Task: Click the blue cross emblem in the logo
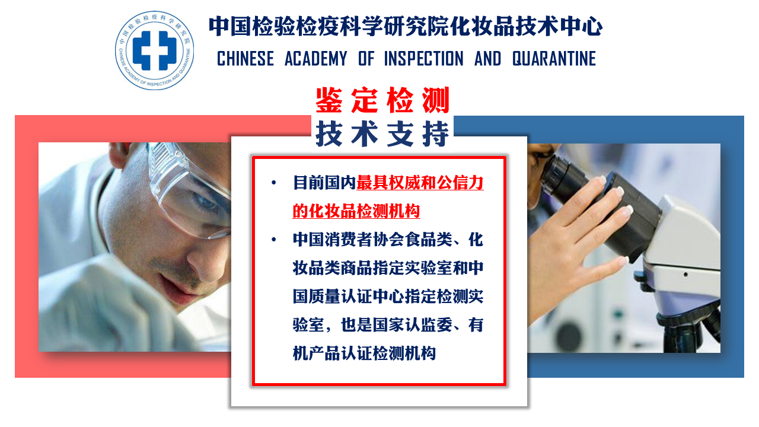click(x=155, y=50)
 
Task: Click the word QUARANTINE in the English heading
click(x=554, y=59)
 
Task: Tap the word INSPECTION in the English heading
click(x=423, y=59)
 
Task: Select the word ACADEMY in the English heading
click(x=316, y=59)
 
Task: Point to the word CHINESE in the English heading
click(x=245, y=59)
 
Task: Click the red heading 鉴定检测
click(x=382, y=100)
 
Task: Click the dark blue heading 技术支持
click(x=382, y=134)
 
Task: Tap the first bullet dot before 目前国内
click(x=274, y=183)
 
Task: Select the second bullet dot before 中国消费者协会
click(x=274, y=240)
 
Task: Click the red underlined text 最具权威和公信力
click(x=420, y=183)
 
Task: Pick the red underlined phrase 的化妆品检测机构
click(x=356, y=211)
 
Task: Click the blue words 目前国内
click(x=324, y=183)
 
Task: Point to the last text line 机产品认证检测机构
click(x=364, y=353)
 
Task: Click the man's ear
click(x=119, y=154)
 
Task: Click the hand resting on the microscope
click(x=576, y=237)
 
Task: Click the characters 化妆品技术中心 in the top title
click(x=526, y=27)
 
